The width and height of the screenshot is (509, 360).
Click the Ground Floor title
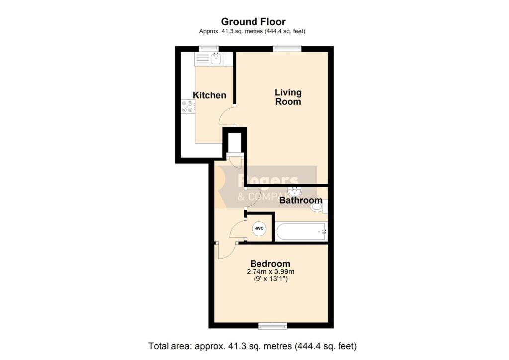pos(253,22)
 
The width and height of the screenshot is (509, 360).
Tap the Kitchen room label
pos(209,95)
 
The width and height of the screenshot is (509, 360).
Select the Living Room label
pos(288,97)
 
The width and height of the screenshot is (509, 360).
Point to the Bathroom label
pos(301,200)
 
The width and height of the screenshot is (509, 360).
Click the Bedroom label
pos(270,264)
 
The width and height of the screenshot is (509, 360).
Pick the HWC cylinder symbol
pos(258,229)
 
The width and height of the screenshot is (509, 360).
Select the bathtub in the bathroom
pos(301,231)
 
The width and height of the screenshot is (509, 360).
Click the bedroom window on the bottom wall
pos(273,326)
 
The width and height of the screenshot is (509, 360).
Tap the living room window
pos(287,48)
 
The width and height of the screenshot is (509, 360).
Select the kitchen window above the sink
pos(209,48)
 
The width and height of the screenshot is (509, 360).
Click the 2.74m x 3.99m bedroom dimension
pos(270,271)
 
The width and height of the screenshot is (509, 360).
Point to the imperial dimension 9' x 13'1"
pos(270,279)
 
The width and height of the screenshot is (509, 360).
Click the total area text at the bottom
pos(253,346)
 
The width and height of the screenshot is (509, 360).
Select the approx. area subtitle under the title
pos(252,31)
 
